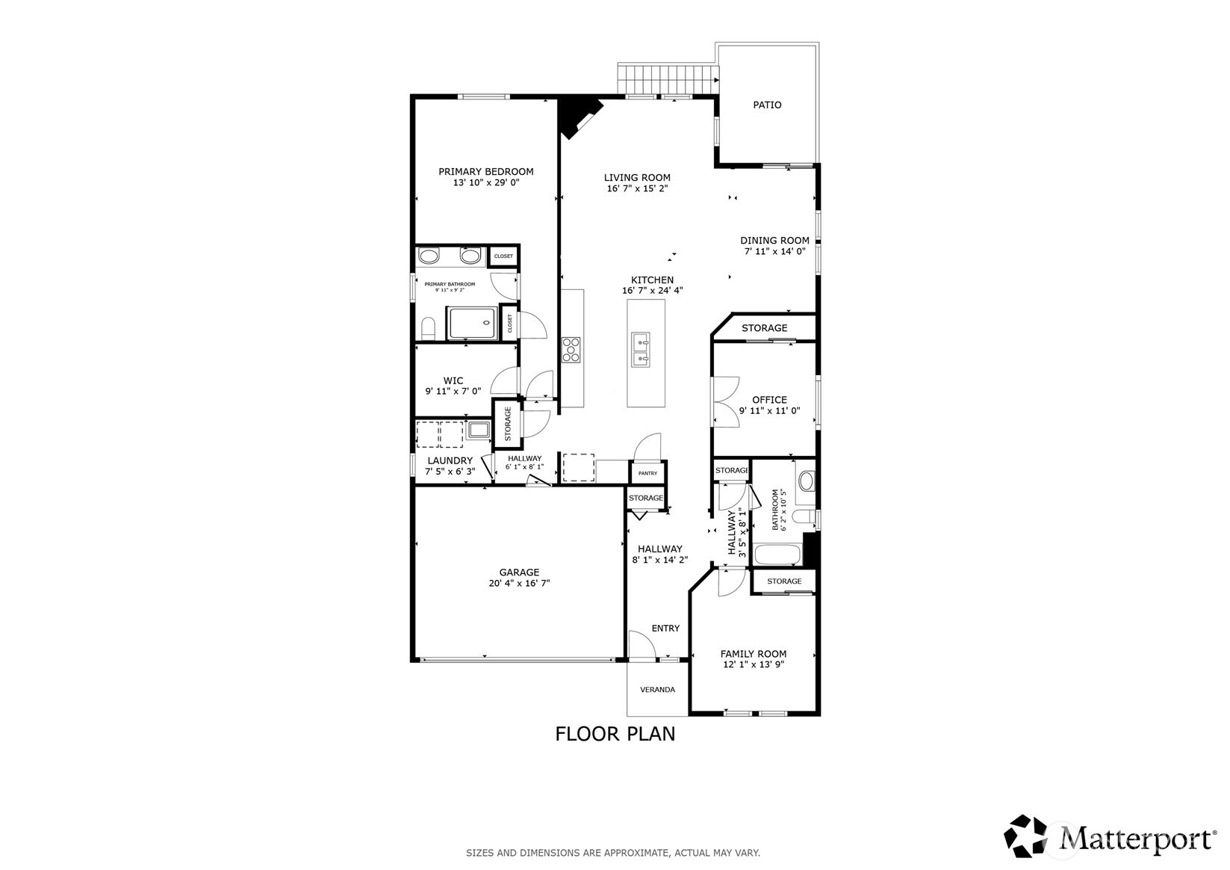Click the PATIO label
767,105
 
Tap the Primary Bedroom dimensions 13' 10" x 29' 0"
485,182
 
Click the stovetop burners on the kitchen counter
571,350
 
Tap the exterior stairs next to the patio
667,78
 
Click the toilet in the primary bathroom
428,328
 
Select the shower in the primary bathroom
472,324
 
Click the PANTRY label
647,473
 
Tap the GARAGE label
519,573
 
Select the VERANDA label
657,689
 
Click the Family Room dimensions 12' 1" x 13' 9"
754,664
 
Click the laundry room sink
478,431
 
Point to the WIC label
453,380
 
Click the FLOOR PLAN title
615,734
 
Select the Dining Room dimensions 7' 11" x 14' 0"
774,252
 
